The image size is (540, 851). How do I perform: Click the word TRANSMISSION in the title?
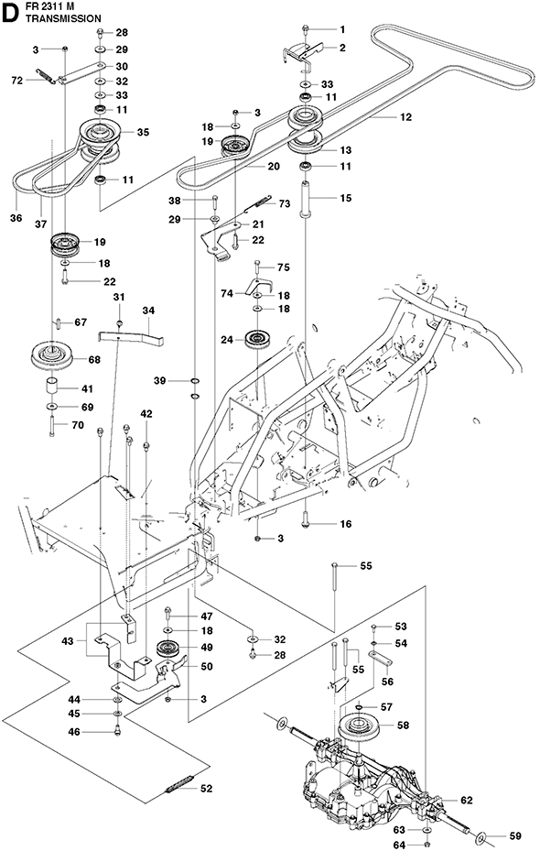coord(63,18)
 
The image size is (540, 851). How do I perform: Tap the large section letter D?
coord(10,14)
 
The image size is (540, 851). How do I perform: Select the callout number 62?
coord(466,800)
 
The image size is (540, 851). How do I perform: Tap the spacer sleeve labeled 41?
coord(52,387)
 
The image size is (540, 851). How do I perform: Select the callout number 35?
coord(143,132)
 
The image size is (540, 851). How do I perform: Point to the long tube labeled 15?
coord(305,202)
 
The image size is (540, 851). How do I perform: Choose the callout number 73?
coord(285,203)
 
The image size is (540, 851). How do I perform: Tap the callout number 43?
coord(67,641)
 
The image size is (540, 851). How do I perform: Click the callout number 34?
coord(148,311)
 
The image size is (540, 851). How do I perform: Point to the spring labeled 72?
coord(46,77)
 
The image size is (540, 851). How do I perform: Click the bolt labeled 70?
coord(51,426)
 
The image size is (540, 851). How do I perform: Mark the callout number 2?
coord(342,48)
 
